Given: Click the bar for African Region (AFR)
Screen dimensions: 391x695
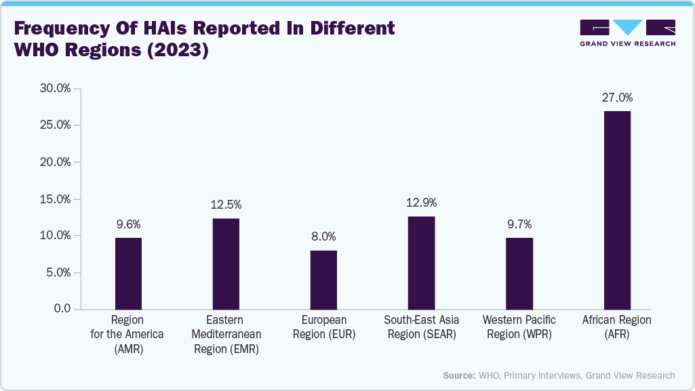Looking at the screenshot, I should tap(616, 210).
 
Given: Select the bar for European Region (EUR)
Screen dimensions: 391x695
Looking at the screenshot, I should tap(323, 280).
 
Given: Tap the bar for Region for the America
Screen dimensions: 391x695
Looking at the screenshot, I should tap(128, 274).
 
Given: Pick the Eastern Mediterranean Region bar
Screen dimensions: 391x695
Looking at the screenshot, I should tap(226, 264).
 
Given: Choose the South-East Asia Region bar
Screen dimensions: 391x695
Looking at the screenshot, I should tap(421, 263).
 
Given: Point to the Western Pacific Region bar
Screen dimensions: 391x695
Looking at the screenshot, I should tap(519, 274).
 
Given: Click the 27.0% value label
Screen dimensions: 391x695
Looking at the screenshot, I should tap(617, 98).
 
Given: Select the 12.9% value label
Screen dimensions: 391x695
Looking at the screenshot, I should tap(421, 203).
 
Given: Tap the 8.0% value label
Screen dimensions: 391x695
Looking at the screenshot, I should tap(323, 236).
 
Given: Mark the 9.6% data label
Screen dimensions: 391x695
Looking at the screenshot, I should tap(128, 224).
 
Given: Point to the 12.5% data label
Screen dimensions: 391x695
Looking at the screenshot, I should tap(226, 205).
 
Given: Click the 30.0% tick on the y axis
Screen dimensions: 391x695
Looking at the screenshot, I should tap(55, 88).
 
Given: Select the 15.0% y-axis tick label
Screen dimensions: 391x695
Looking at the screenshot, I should tap(55, 199).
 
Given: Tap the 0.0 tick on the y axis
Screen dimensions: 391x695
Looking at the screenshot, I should tap(62, 309).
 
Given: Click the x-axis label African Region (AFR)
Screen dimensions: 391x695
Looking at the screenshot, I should tap(616, 327).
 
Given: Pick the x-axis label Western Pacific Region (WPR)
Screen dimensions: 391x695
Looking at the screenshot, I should tap(519, 327).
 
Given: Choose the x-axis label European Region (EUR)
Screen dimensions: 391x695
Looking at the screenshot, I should tap(323, 327).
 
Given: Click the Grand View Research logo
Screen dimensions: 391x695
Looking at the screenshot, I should tap(627, 33).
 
